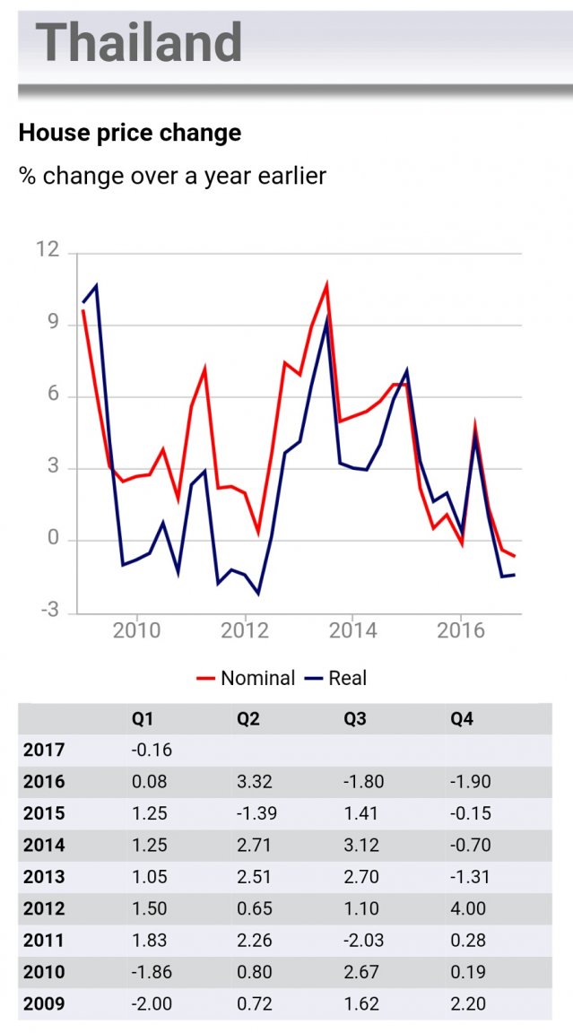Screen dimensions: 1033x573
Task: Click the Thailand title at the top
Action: (x=140, y=41)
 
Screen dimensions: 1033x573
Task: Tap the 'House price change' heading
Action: (x=130, y=134)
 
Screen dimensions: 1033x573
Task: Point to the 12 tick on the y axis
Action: (x=48, y=250)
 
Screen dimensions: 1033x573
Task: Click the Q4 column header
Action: (x=461, y=718)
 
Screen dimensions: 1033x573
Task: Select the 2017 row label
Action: (x=44, y=750)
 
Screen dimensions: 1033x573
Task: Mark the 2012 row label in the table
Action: (x=44, y=908)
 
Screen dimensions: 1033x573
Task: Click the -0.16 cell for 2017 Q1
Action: (x=150, y=750)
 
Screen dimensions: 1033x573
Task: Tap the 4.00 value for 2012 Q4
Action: (x=468, y=908)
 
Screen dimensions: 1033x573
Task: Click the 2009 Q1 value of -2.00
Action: (x=150, y=1003)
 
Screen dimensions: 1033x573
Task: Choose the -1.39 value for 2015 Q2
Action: (x=256, y=813)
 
